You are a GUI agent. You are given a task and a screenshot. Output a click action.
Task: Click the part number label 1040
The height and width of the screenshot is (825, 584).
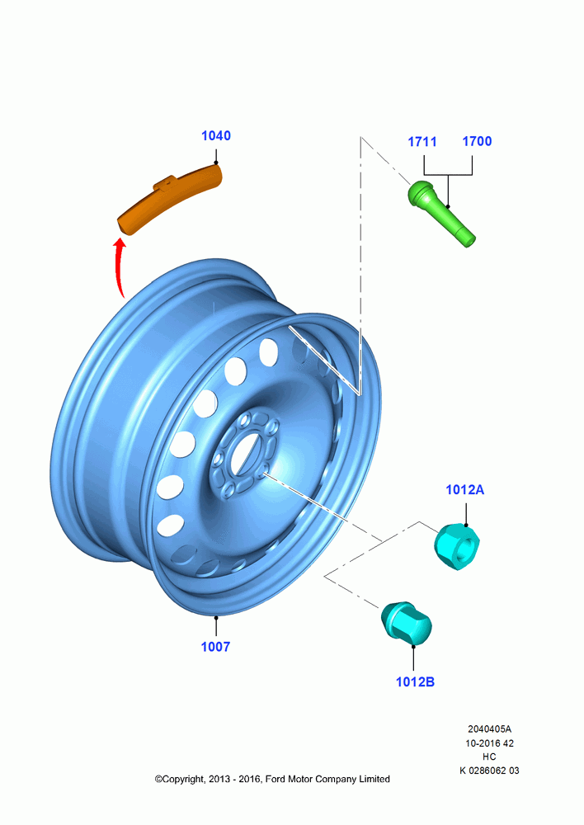pos(216,136)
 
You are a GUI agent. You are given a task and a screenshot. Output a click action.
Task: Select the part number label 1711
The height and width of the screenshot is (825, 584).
pos(422,142)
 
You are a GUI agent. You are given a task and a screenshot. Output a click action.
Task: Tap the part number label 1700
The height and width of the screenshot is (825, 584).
pos(477,141)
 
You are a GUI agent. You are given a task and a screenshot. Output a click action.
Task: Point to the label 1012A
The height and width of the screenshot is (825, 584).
pos(464,490)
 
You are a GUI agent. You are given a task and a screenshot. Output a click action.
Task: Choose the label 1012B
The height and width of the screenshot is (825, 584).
pos(415,682)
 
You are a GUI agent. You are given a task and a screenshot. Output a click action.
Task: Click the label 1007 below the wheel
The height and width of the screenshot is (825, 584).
pos(216,647)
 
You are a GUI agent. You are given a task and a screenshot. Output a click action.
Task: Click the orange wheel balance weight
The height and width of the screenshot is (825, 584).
pos(169,200)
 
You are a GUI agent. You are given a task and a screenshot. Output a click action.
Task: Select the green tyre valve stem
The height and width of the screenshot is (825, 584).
pos(441,213)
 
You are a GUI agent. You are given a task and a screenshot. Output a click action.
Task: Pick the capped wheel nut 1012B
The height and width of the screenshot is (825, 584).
pos(406,622)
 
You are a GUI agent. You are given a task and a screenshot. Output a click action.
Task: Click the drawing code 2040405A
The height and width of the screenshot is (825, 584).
pos(489,729)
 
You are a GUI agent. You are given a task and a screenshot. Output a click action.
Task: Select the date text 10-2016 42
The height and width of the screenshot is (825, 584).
pos(489,743)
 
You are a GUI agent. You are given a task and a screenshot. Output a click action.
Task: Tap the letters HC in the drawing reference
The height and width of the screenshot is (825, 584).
pos(489,757)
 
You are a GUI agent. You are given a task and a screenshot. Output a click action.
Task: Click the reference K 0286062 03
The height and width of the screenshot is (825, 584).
pos(489,771)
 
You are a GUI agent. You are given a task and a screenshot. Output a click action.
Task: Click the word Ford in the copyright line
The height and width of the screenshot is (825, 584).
pos(275,780)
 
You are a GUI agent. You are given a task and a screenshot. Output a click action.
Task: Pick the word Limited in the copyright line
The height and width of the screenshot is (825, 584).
pos(374,780)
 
